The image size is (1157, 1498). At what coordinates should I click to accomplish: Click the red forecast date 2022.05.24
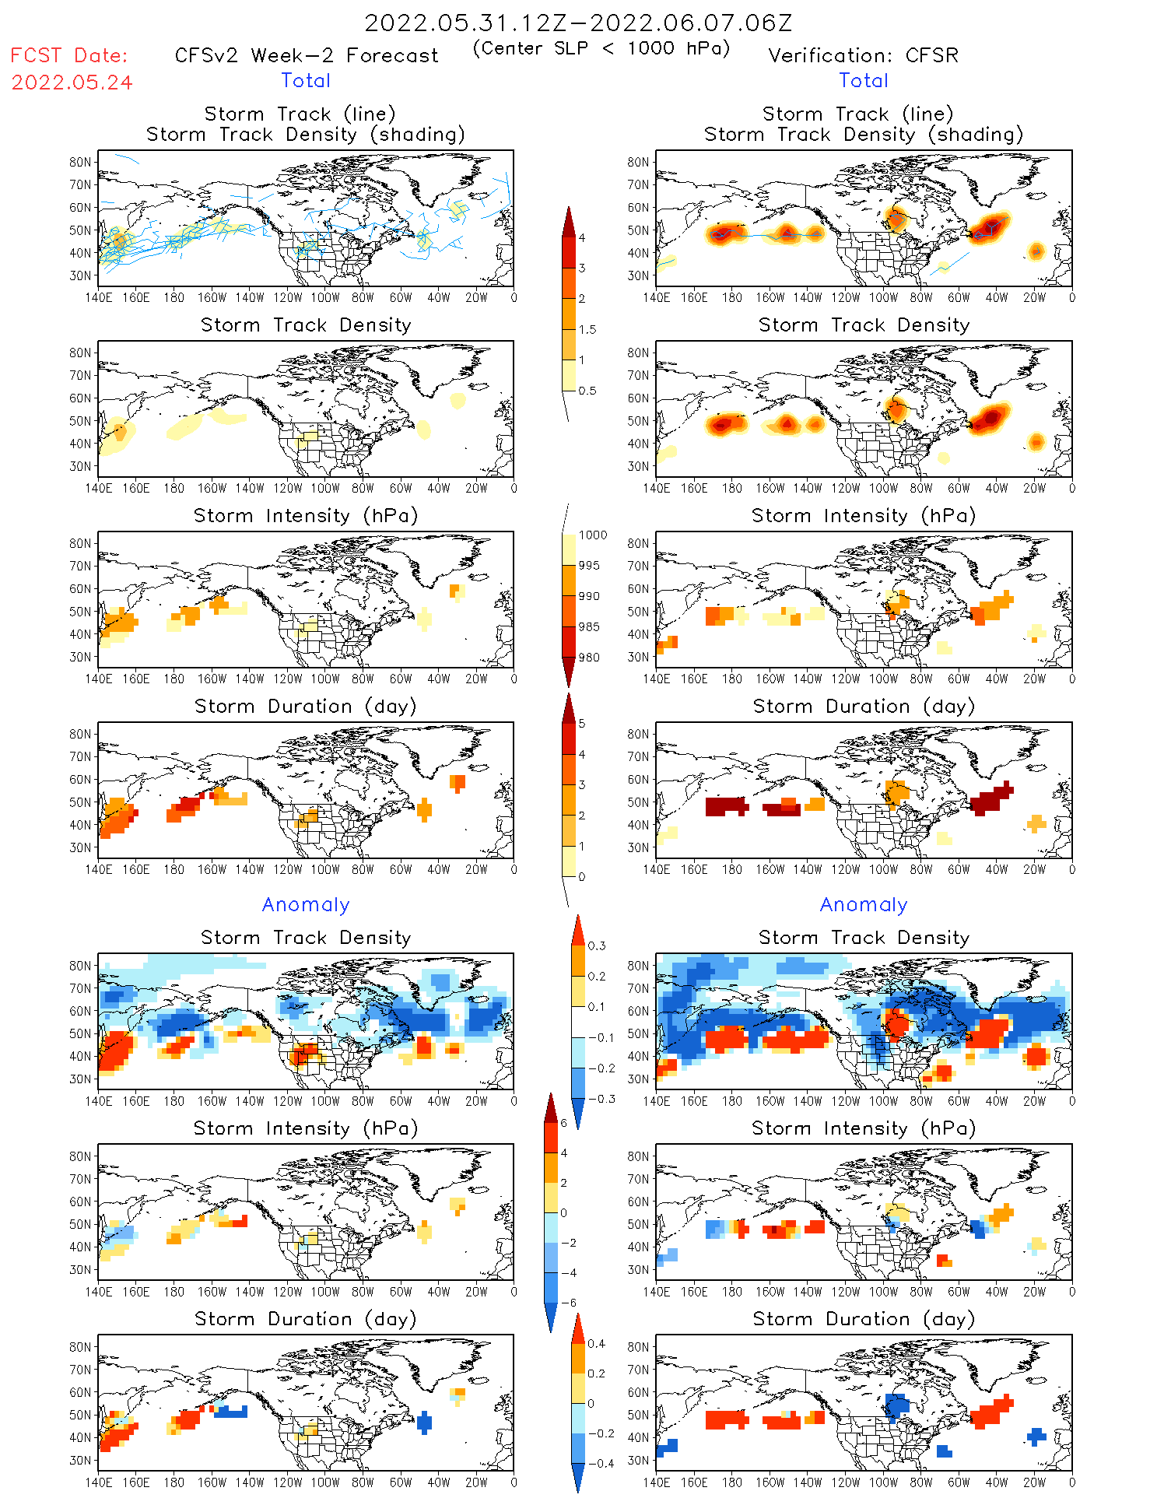tap(72, 82)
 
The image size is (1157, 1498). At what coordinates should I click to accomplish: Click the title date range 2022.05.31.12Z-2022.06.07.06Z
tap(578, 23)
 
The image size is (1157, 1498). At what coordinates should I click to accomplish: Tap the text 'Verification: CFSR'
tap(863, 55)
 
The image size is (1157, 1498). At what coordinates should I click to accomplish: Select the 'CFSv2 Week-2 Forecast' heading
tap(307, 55)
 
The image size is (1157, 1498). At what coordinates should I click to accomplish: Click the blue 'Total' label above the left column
tap(306, 80)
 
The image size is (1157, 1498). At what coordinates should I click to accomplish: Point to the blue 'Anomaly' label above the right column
tap(864, 904)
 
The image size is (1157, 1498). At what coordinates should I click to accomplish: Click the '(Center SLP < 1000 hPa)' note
tap(601, 48)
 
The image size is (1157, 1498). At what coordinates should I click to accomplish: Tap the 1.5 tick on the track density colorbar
tap(587, 329)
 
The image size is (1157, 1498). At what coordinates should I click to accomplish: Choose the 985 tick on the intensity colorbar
tap(589, 626)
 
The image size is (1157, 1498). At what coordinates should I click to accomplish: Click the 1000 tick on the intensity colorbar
tap(592, 535)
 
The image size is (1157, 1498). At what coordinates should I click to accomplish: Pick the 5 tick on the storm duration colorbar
tap(582, 723)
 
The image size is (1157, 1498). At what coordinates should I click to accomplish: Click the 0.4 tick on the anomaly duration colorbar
tap(597, 1343)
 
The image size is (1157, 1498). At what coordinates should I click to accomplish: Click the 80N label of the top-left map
tap(80, 162)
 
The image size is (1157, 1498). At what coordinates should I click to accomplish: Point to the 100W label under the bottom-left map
tap(324, 1482)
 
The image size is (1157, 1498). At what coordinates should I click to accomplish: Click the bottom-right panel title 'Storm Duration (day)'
tap(864, 1319)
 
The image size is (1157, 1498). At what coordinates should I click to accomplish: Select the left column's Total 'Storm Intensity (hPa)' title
tap(306, 515)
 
